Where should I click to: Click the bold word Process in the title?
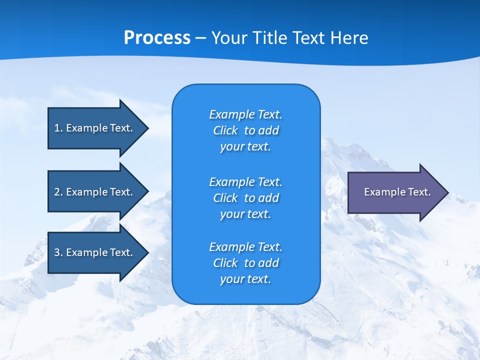coord(157,38)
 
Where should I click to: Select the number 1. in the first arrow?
coord(58,128)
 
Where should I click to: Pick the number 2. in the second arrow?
coord(58,192)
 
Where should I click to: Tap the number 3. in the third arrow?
coord(58,252)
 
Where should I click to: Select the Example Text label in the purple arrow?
coord(397,192)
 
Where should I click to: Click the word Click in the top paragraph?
coord(225,130)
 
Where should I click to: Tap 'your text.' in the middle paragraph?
coord(245,214)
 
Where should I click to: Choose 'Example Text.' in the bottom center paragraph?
coord(245,247)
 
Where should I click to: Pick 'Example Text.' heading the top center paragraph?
coord(245,114)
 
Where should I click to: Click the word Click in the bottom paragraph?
coord(225,263)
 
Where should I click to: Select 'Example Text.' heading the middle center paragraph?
coord(245,181)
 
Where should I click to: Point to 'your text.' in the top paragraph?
coord(245,147)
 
